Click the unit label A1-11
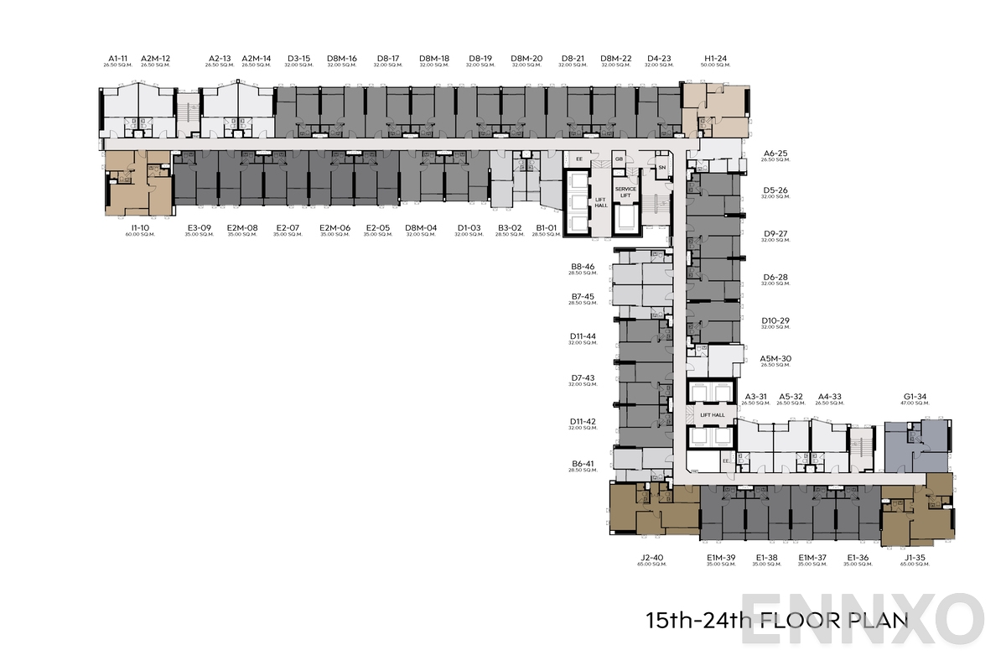(115, 59)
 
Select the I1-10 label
(140, 227)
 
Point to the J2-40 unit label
(651, 558)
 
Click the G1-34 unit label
(915, 397)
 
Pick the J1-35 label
(915, 558)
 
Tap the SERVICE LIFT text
(625, 192)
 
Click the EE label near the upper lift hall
(578, 159)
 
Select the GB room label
(619, 159)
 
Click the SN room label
(661, 168)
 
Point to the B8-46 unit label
(583, 267)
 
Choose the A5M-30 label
(775, 358)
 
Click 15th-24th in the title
(698, 621)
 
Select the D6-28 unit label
(775, 277)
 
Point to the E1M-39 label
(721, 558)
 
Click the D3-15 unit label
(298, 59)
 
